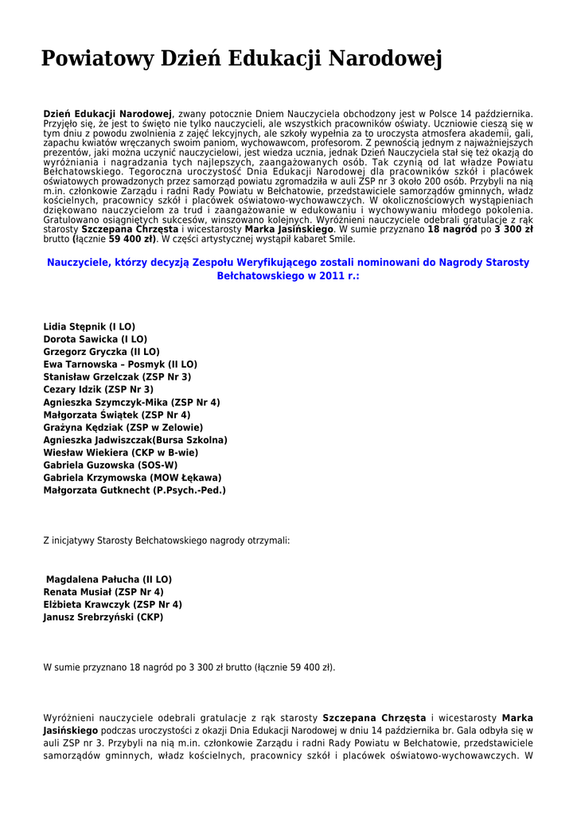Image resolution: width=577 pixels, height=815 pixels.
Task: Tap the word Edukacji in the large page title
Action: click(274, 59)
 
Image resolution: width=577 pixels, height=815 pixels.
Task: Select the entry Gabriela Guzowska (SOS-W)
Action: click(110, 465)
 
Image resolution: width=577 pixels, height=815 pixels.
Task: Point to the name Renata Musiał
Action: click(77, 592)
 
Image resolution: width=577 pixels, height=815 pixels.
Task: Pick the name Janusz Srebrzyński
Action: click(88, 617)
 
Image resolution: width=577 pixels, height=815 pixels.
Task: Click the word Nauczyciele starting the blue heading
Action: click(78, 262)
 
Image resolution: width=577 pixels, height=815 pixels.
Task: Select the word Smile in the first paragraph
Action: click(343, 239)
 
